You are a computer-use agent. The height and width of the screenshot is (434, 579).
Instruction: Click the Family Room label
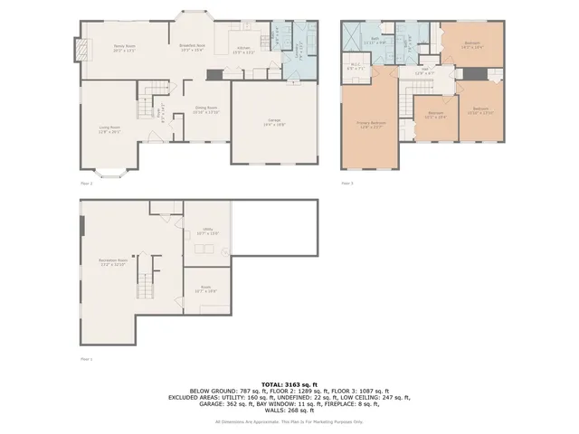[124, 48]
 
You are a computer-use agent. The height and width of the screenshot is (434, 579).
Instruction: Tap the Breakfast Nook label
[193, 47]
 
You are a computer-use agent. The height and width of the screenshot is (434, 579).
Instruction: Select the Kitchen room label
[243, 49]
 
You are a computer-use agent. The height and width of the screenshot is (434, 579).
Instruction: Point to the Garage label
[273, 121]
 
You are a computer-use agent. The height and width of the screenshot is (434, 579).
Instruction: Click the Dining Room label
[207, 109]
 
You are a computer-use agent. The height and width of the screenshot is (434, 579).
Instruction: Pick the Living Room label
[109, 128]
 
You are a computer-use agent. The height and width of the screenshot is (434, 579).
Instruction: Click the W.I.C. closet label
[356, 66]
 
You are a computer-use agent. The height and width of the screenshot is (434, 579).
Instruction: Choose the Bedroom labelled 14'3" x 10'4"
[472, 44]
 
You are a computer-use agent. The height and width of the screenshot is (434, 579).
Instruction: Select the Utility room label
[208, 232]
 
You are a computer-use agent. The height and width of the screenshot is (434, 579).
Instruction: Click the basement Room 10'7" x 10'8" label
[206, 291]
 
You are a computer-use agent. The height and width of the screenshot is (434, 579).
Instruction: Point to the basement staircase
[144, 271]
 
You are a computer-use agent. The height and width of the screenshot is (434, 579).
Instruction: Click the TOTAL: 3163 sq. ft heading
[289, 383]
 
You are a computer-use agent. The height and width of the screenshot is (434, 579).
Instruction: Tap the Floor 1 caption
[87, 359]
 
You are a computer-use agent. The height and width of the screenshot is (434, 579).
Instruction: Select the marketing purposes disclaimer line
[289, 421]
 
